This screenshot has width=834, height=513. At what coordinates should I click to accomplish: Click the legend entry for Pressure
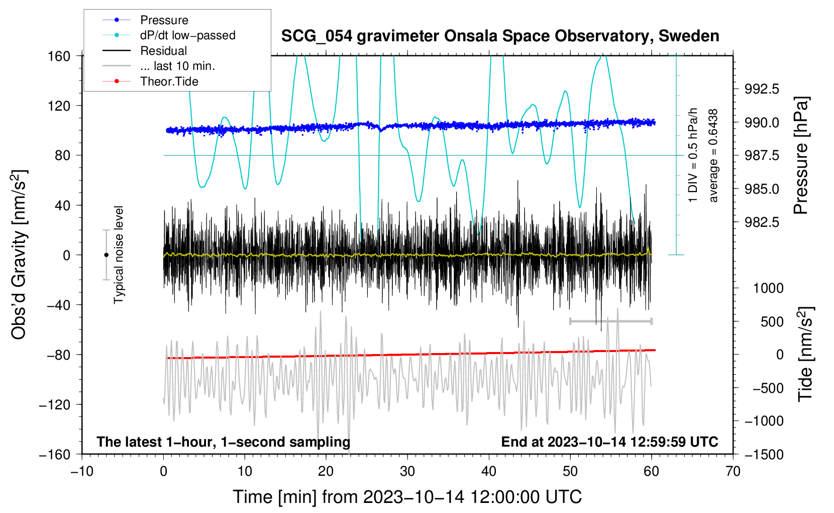pyautogui.click(x=164, y=20)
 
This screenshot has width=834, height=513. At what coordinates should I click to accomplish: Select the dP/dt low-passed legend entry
pyautogui.click(x=187, y=35)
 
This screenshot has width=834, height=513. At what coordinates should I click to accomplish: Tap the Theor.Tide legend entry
pyautogui.click(x=169, y=81)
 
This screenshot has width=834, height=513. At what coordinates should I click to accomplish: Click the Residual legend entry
pyautogui.click(x=163, y=51)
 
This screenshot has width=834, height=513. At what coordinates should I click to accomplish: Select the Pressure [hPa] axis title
pyautogui.click(x=801, y=156)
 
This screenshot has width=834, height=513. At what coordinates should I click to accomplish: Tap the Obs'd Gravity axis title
pyautogui.click(x=19, y=254)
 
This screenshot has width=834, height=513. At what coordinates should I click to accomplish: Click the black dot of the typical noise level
pyautogui.click(x=106, y=255)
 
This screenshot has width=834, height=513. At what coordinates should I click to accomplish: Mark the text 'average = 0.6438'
pyautogui.click(x=713, y=156)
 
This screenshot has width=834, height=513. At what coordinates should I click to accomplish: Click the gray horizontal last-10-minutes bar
pyautogui.click(x=610, y=321)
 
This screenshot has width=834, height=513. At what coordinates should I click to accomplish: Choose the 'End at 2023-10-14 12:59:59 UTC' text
pyautogui.click(x=609, y=442)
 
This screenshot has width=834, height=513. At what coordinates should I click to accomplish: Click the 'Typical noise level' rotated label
pyautogui.click(x=119, y=254)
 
